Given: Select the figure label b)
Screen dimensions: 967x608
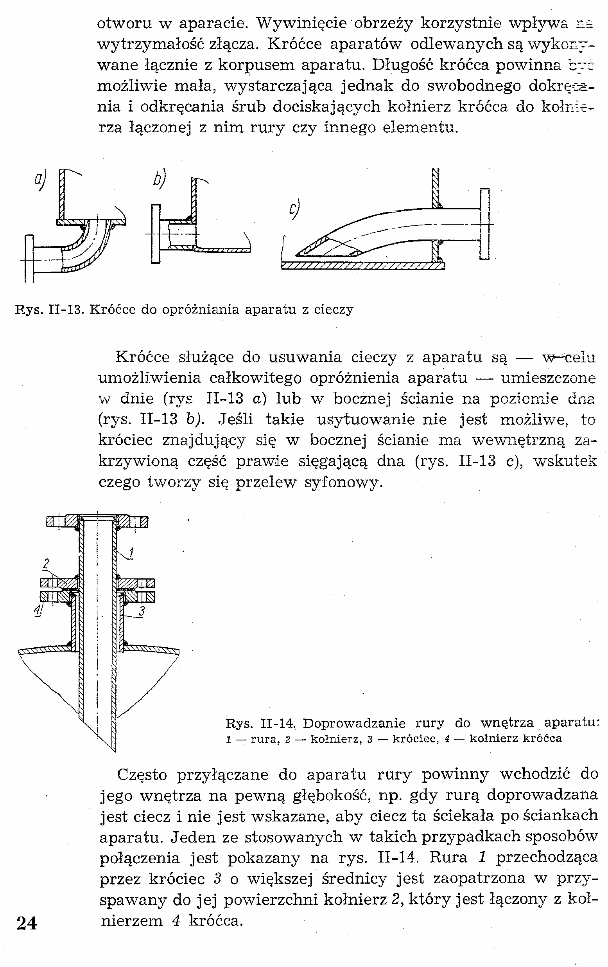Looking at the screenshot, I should click(159, 180).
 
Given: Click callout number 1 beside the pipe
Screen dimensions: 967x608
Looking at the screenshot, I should click(131, 553).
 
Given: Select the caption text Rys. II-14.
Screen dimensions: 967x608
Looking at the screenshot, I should click(260, 724).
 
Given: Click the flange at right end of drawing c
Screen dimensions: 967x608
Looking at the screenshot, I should click(484, 224).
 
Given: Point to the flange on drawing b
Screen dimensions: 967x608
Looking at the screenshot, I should click(155, 234).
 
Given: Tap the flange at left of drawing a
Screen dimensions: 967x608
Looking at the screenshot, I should click(29, 259).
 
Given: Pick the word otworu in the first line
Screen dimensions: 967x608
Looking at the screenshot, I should click(124, 23).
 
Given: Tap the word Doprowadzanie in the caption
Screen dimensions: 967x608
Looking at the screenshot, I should click(354, 724).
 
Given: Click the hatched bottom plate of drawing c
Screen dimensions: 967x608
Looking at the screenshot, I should click(361, 265).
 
